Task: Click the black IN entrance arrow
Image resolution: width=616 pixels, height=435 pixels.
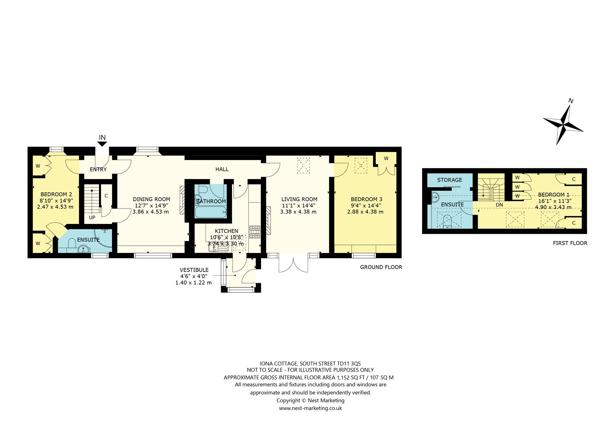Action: click(102, 144)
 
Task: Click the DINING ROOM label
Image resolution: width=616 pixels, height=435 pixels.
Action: click(152, 199)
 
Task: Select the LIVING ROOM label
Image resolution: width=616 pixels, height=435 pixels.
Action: click(299, 199)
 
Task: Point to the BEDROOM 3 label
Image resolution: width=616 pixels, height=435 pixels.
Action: click(366, 199)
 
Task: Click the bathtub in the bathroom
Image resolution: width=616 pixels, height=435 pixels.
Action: click(211, 212)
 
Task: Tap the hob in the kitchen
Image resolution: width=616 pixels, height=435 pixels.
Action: click(254, 232)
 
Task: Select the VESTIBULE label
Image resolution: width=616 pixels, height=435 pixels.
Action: click(194, 270)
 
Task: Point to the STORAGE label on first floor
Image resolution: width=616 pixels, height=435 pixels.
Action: click(450, 180)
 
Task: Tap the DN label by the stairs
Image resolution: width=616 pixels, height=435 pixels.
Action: click(499, 205)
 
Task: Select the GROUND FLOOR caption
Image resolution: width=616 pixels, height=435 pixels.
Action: click(381, 267)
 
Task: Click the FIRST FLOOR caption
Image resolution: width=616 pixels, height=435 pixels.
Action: click(570, 243)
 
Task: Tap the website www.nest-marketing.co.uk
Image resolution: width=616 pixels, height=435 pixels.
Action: click(310, 408)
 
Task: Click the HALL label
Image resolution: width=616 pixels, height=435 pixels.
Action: click(222, 169)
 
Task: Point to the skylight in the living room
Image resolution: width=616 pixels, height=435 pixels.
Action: click(303, 165)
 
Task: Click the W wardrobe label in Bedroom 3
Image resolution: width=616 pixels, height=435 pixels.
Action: click(386, 158)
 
